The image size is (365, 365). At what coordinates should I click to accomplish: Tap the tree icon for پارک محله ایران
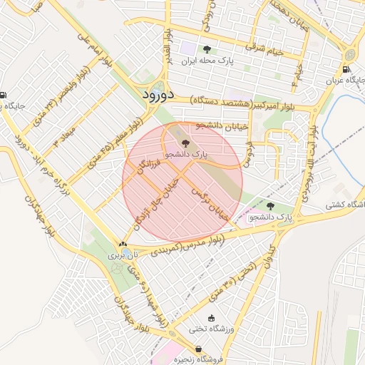click(x=207, y=49)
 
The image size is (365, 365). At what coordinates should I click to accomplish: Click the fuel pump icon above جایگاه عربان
click(x=346, y=70)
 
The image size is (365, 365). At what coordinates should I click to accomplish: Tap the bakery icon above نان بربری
click(x=122, y=245)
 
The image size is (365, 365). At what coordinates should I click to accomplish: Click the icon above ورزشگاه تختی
click(x=210, y=318)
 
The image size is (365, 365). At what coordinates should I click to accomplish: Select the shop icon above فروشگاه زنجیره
click(x=198, y=349)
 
